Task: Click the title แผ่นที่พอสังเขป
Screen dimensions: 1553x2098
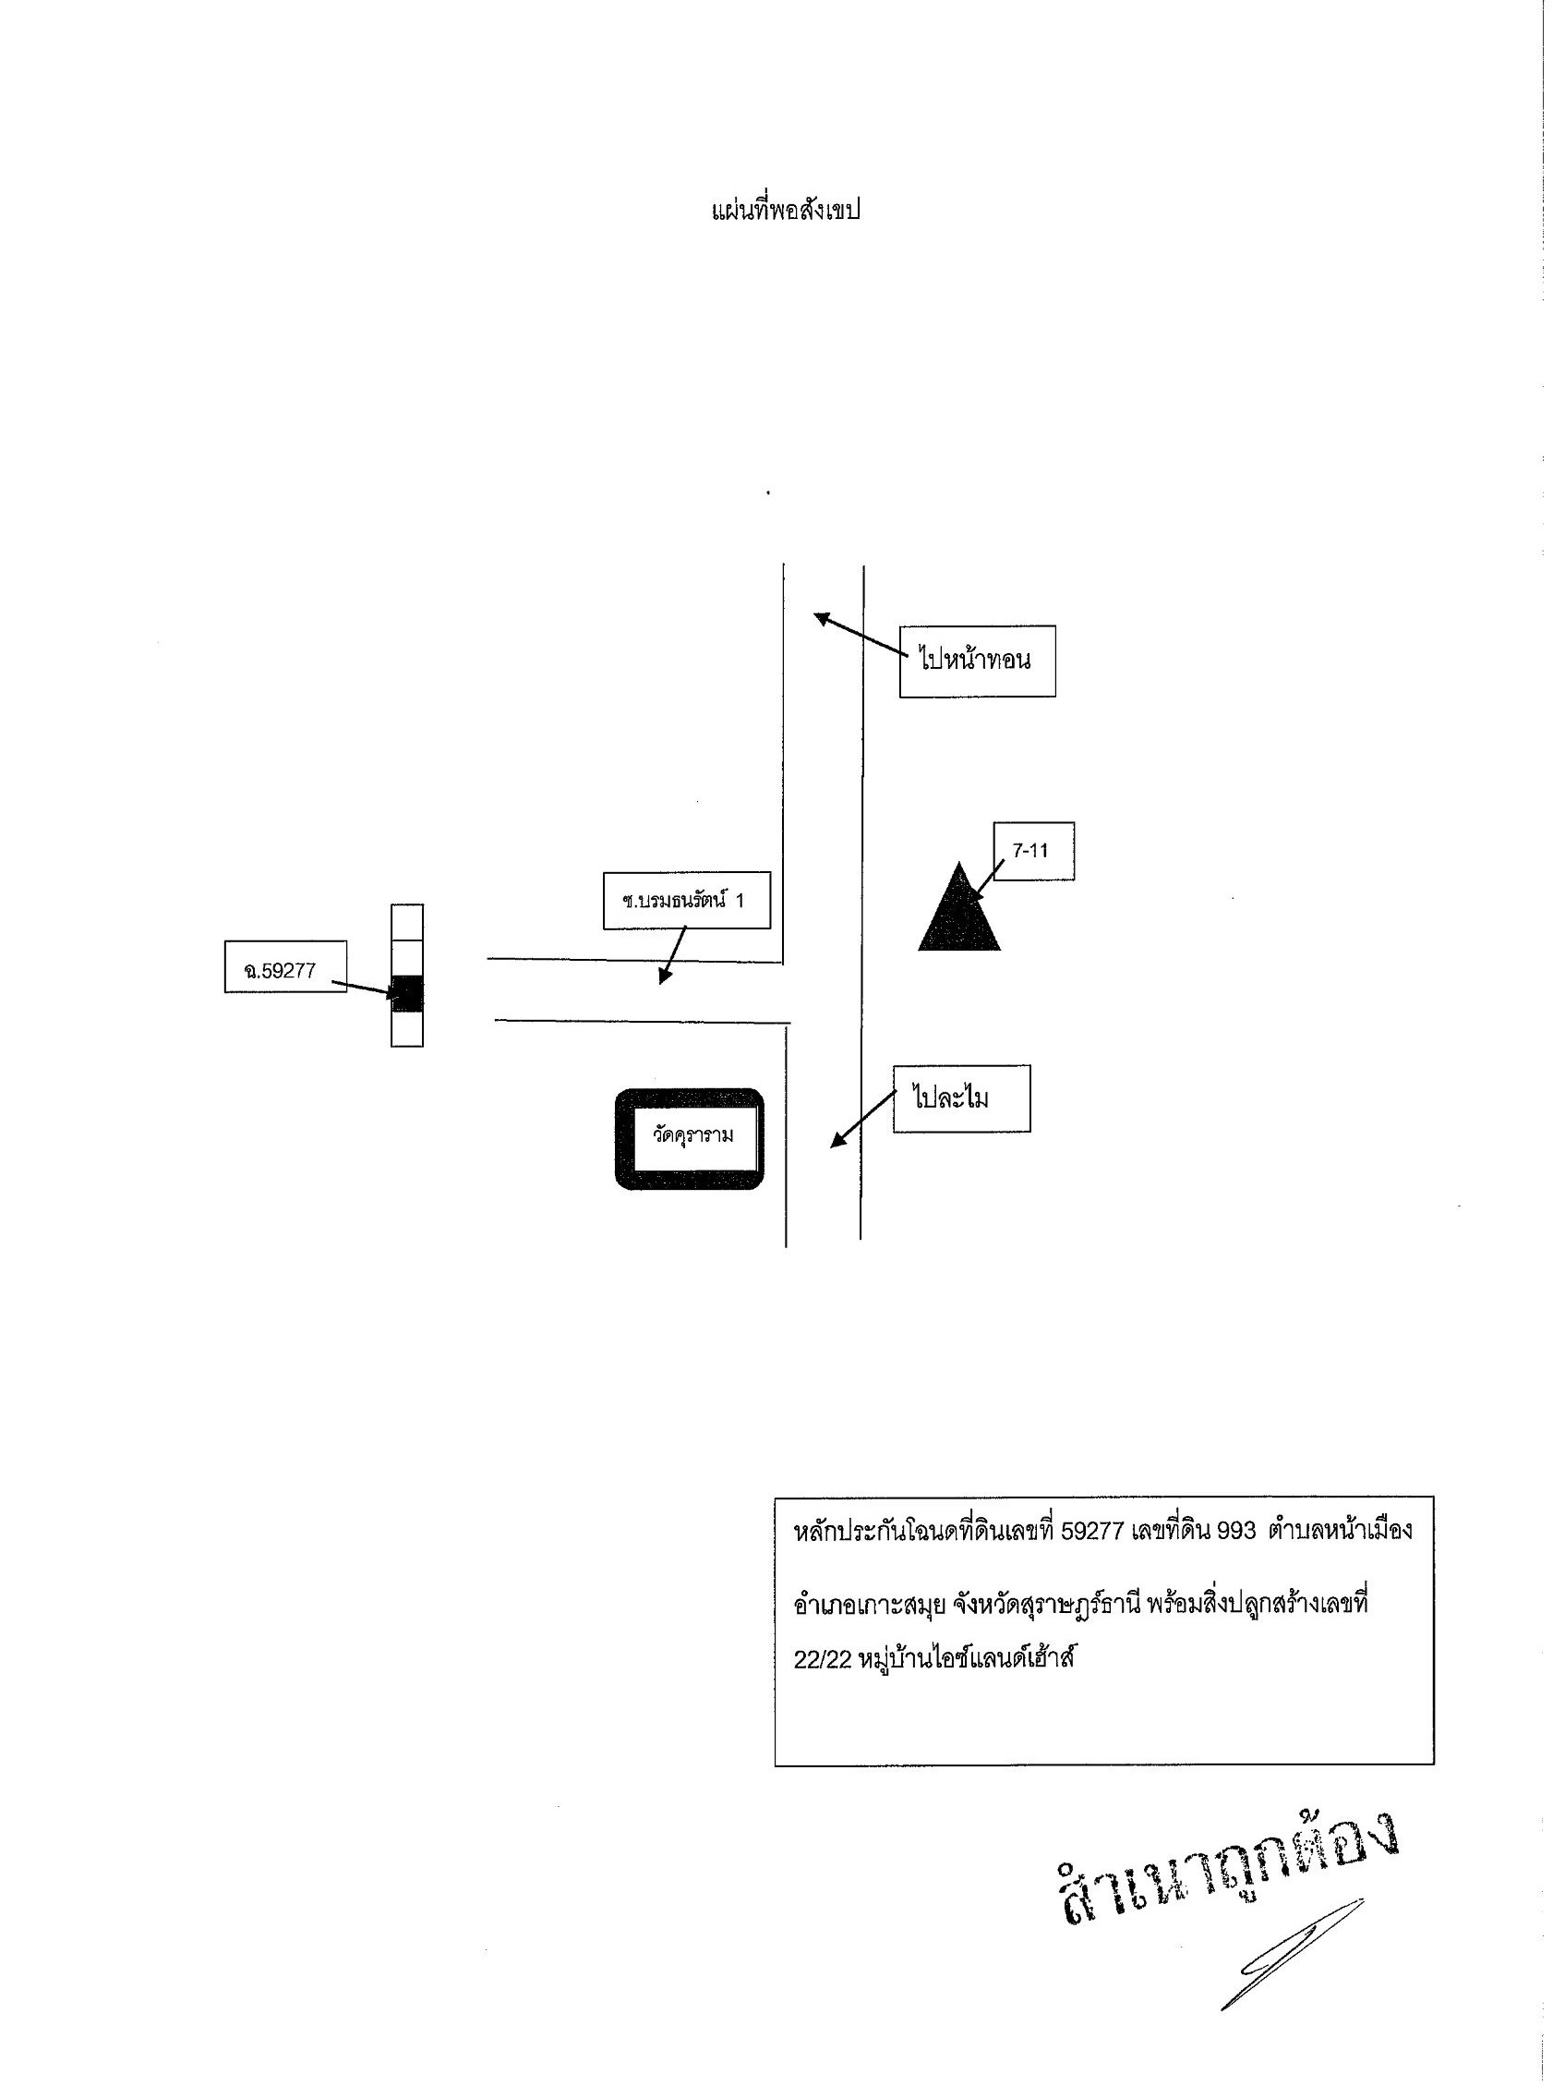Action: pyautogui.click(x=786, y=210)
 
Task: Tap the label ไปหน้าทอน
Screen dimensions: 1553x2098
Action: pyautogui.click(x=977, y=661)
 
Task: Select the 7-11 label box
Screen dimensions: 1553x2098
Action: pyautogui.click(x=1033, y=851)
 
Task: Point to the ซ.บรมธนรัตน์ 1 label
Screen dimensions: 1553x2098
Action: pyautogui.click(x=686, y=901)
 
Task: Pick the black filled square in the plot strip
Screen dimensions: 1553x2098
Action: pyautogui.click(x=407, y=993)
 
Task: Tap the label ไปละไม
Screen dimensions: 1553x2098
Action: pyautogui.click(x=961, y=1098)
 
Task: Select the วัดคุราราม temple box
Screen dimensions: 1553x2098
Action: pyautogui.click(x=689, y=1139)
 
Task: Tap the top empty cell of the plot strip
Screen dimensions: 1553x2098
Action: pyautogui.click(x=407, y=923)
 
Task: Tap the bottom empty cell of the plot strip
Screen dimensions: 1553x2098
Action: pyautogui.click(x=407, y=1029)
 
